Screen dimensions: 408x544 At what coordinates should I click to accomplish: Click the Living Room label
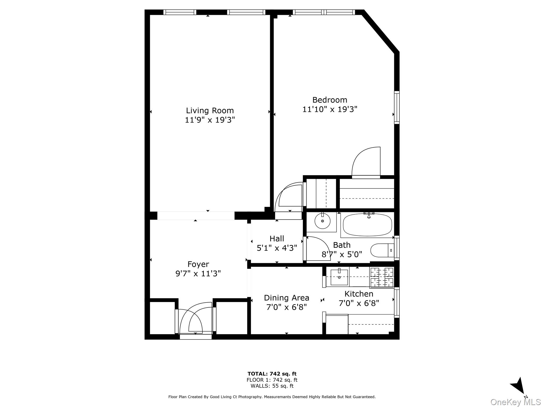(x=210, y=110)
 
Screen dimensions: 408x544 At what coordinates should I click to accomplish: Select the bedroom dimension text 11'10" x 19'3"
(x=330, y=109)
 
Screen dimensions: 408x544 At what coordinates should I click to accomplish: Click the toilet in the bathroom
(x=381, y=250)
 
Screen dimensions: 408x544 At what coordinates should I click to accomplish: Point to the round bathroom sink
(x=322, y=221)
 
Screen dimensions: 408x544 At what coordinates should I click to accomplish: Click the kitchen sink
(x=339, y=277)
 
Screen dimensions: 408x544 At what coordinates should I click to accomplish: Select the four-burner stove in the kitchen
(x=382, y=278)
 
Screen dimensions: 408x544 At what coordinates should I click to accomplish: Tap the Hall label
(x=277, y=239)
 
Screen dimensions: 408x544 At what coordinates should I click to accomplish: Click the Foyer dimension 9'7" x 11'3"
(x=198, y=274)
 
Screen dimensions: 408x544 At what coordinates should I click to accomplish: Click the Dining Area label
(x=286, y=298)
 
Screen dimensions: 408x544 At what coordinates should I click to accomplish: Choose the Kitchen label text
(x=359, y=294)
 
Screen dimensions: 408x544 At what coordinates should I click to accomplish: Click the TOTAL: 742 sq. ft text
(x=272, y=374)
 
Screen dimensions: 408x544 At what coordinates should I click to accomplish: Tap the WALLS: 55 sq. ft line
(x=272, y=386)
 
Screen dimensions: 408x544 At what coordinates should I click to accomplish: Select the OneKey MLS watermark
(x=515, y=402)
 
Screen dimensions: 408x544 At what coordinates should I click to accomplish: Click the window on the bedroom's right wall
(x=397, y=108)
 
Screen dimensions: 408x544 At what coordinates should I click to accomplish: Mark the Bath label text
(x=342, y=245)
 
